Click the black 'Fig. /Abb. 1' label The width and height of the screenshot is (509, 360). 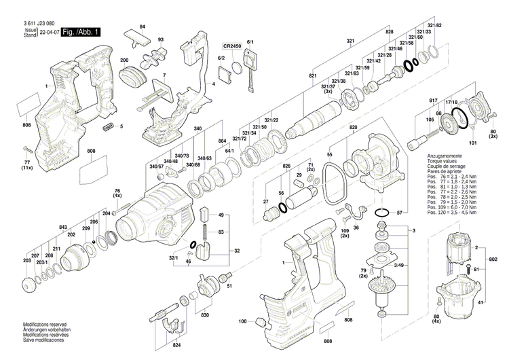point(81,32)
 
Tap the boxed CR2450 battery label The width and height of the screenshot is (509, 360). point(232,46)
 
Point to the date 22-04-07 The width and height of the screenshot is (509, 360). point(50,32)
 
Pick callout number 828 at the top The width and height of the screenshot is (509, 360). point(390,33)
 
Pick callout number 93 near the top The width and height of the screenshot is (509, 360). point(161,40)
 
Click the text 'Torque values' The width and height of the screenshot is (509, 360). point(441,162)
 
